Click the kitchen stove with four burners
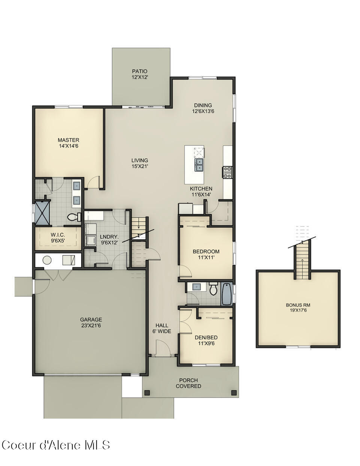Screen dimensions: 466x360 click(x=227, y=172)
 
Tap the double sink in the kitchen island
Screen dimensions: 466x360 click(x=199, y=164)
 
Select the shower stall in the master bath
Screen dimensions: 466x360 click(x=42, y=211)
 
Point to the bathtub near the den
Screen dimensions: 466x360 click(x=227, y=294)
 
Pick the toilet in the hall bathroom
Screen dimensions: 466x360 click(x=214, y=289)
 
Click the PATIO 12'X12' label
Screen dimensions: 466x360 click(x=140, y=74)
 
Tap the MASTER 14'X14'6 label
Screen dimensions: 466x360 click(x=69, y=143)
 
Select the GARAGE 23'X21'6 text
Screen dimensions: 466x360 click(x=91, y=322)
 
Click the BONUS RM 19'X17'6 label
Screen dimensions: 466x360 click(x=298, y=307)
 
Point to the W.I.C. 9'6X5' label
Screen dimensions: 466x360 click(x=58, y=238)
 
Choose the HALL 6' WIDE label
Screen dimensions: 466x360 click(x=162, y=328)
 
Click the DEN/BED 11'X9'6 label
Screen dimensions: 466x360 click(x=206, y=340)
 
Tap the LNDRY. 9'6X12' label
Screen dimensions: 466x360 click(x=109, y=240)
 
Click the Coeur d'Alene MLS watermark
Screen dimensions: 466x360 click(x=56, y=445)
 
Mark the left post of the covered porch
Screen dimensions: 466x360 click(x=147, y=393)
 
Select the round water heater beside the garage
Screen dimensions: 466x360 click(x=47, y=260)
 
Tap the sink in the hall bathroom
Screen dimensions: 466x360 click(x=196, y=287)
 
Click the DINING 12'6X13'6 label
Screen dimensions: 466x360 click(x=203, y=108)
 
